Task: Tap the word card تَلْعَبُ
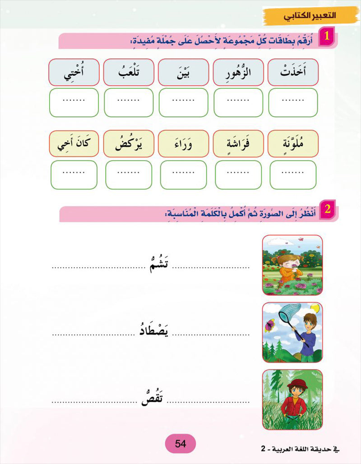pos(129,72)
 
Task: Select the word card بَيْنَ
pos(184,72)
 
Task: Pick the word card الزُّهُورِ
pos(238,72)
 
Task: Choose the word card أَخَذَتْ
pos(293,72)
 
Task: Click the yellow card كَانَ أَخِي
pos(73,144)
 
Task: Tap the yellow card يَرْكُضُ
pos(129,144)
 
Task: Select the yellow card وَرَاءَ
pos(184,144)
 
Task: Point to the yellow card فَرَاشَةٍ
pos(238,144)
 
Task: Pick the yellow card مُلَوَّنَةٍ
pos(293,144)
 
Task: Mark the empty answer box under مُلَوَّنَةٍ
pos(293,175)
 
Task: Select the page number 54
pos(180,443)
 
